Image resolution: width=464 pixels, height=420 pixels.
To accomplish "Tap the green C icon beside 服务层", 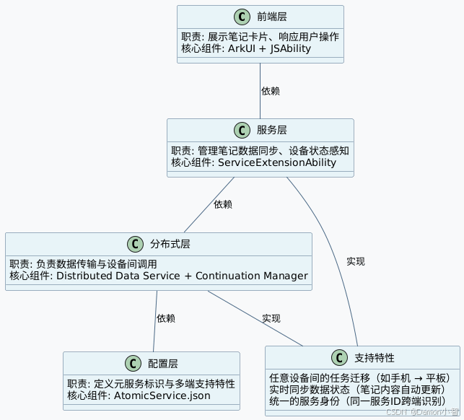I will click(242, 130).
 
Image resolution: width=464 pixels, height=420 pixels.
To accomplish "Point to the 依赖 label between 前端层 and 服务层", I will click(271, 91).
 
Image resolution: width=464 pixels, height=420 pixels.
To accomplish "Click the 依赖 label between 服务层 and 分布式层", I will click(223, 204).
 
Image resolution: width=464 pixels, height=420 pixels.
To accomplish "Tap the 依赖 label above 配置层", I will click(166, 318).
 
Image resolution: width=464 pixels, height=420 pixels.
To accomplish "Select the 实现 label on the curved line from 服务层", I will click(356, 261).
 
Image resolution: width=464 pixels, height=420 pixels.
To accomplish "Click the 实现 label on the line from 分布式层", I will click(271, 318).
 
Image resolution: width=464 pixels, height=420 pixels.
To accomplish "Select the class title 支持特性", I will click(375, 358).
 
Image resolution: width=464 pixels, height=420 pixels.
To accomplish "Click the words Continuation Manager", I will click(252, 276).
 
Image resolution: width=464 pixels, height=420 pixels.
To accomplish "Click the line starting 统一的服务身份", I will click(356, 401).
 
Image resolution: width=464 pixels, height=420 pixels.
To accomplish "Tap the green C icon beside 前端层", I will click(242, 17).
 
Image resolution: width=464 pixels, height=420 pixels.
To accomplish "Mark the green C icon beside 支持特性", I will click(339, 358).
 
